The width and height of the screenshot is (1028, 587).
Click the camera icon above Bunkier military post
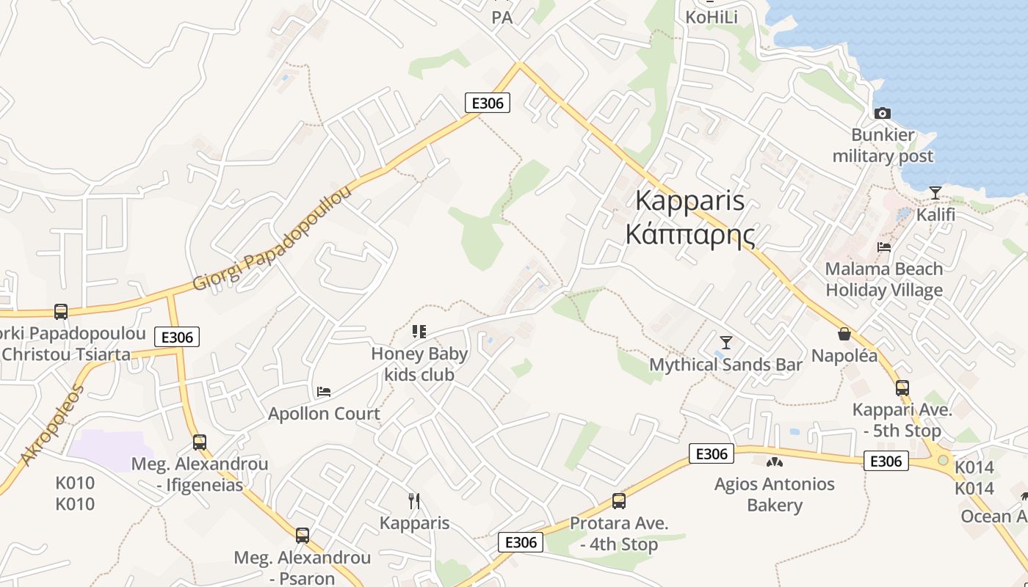(x=883, y=113)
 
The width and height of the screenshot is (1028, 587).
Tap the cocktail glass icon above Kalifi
(x=935, y=192)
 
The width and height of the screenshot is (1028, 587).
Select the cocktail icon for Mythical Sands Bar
(x=726, y=342)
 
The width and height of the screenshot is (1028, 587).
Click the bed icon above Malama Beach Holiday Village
(x=884, y=247)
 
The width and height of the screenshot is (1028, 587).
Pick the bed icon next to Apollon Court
(x=324, y=392)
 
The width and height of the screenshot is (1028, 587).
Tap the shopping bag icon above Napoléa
(x=844, y=334)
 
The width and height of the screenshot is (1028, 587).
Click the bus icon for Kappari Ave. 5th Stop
(x=902, y=388)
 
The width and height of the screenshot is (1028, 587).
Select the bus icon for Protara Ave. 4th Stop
(x=619, y=501)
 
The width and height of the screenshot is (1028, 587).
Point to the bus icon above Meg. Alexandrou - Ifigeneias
(x=200, y=442)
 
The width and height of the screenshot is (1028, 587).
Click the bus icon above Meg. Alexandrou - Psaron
(x=303, y=536)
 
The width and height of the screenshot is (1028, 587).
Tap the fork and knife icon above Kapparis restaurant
(x=414, y=501)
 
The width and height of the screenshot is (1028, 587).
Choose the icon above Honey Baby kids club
(x=419, y=332)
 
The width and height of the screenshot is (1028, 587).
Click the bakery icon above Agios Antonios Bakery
(x=774, y=462)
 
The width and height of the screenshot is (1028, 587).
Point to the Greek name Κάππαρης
(x=689, y=234)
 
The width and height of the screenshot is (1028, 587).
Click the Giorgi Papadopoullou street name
(x=272, y=238)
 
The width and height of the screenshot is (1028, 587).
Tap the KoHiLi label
(x=711, y=17)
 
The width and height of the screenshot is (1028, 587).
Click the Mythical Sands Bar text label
(x=725, y=365)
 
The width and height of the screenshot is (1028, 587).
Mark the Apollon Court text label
(x=324, y=414)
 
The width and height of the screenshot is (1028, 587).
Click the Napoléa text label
(x=844, y=356)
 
